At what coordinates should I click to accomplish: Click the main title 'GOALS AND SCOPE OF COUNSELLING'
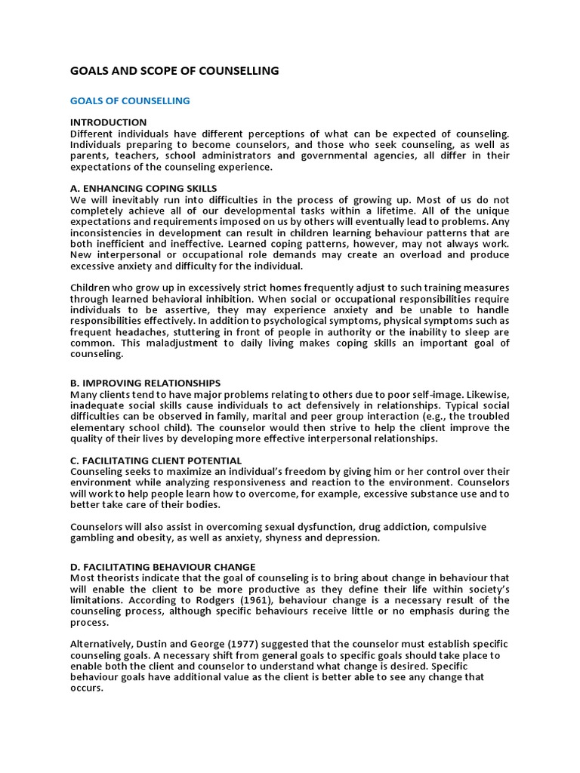click(174, 71)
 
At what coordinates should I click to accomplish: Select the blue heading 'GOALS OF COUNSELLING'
click(130, 100)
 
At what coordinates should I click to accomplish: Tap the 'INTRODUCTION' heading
click(109, 122)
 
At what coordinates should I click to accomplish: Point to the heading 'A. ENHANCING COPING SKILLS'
click(143, 188)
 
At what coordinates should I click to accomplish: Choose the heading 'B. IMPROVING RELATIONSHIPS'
click(145, 383)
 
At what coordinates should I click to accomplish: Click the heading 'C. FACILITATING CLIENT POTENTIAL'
click(156, 460)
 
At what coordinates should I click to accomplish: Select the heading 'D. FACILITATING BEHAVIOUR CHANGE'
click(163, 567)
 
